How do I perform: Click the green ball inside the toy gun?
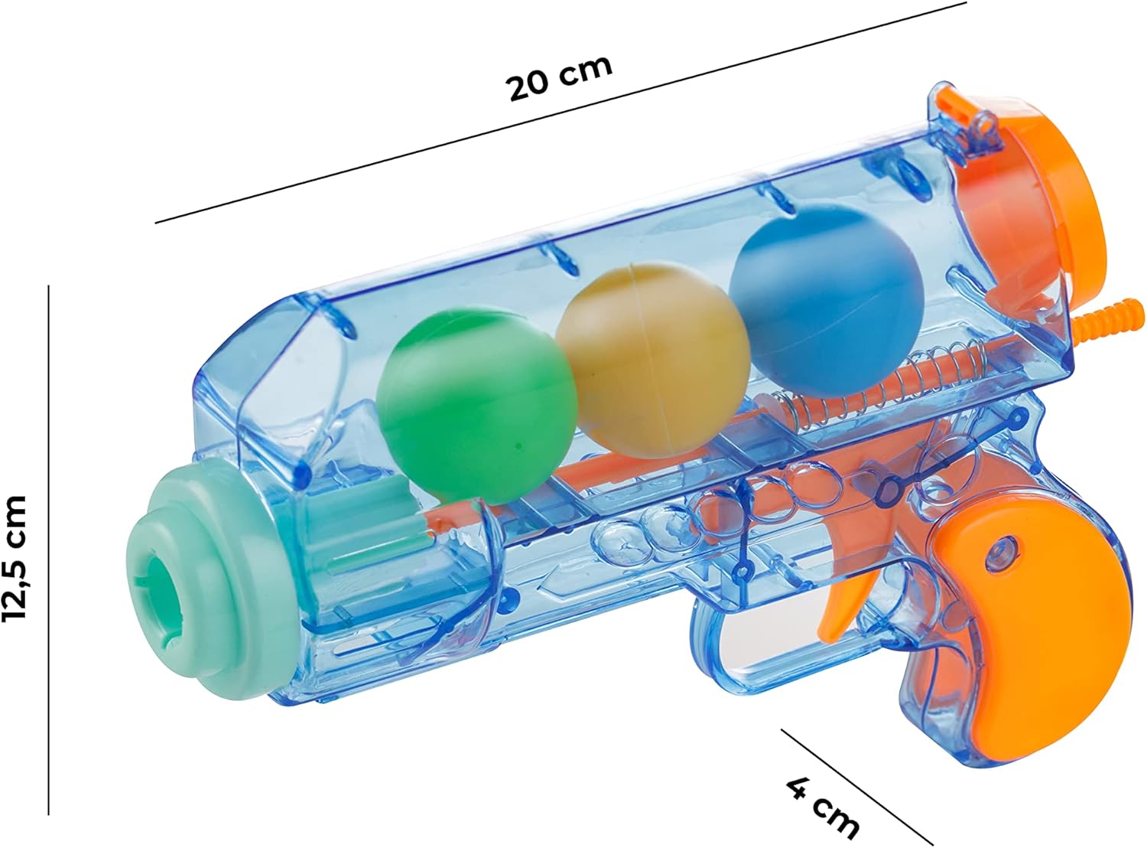[476, 406]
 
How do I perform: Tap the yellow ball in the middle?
[652, 359]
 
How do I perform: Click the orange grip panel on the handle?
[1045, 647]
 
